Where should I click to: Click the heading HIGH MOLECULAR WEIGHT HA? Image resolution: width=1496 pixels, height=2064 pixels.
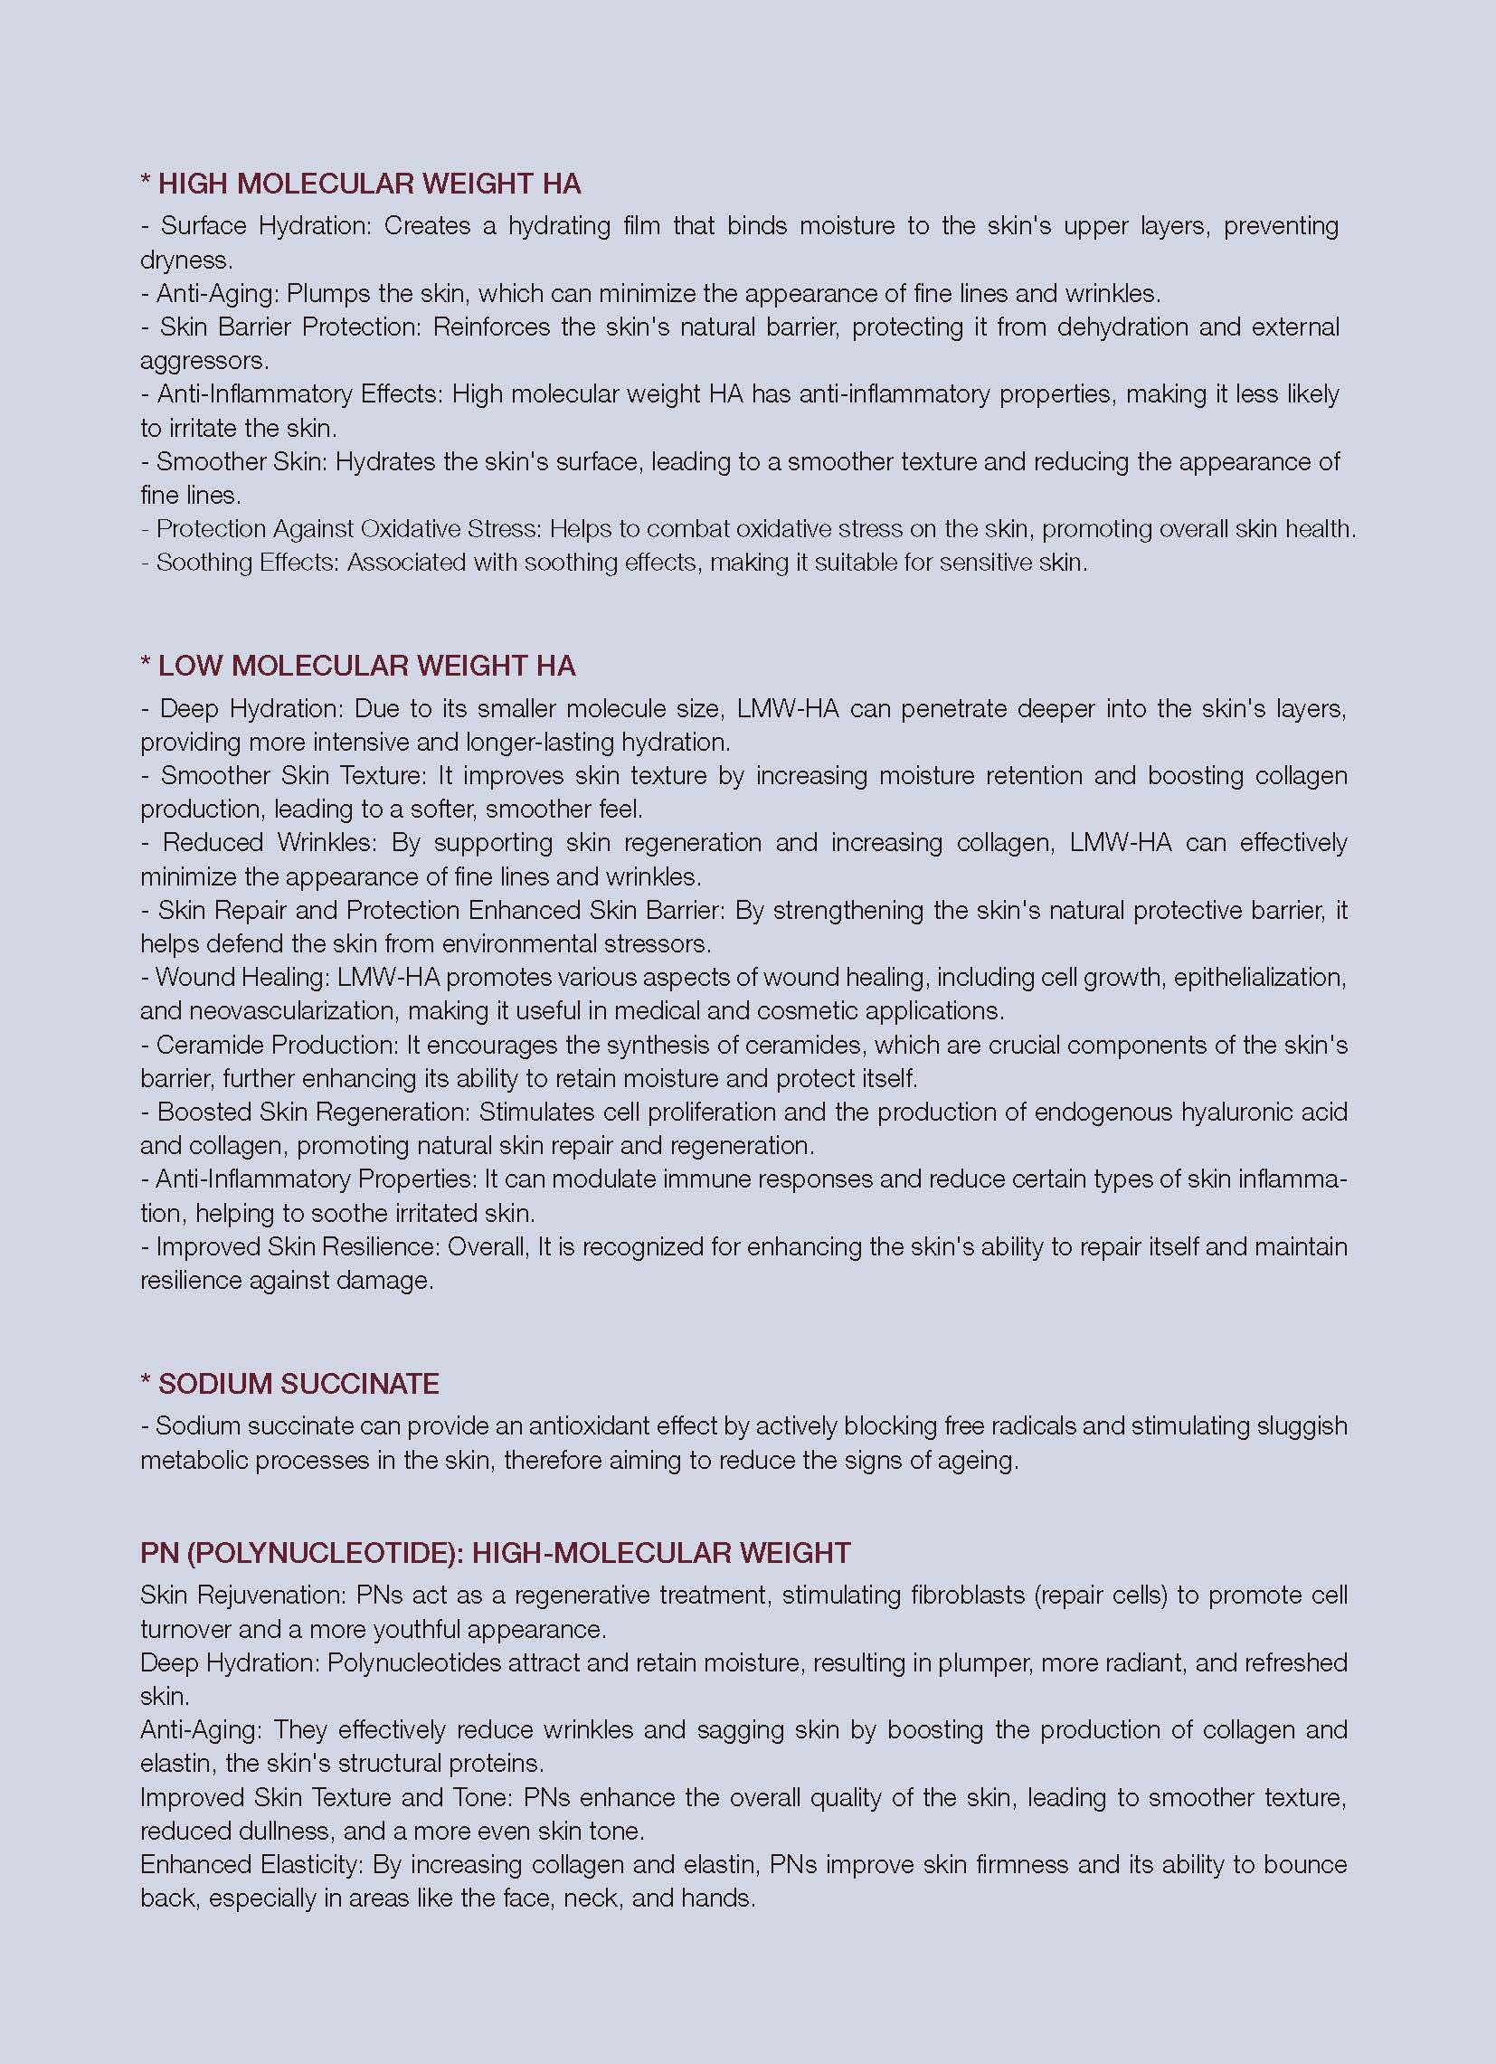369,184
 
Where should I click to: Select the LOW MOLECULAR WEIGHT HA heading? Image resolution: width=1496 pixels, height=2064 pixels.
366,666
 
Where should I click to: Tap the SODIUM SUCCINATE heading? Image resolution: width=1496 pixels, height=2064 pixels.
298,1383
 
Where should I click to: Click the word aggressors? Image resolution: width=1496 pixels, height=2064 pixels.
203,360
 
